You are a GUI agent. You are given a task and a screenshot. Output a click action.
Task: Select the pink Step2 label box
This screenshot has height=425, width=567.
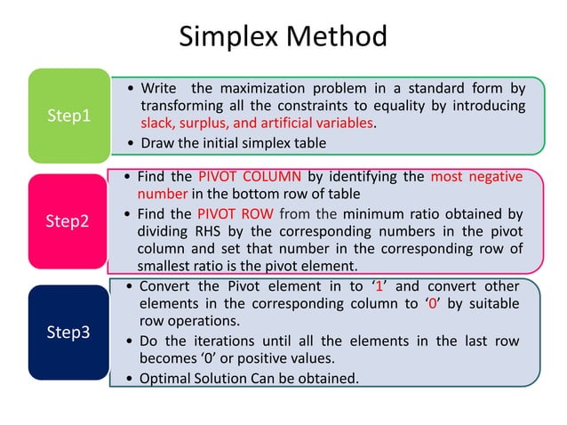(68, 221)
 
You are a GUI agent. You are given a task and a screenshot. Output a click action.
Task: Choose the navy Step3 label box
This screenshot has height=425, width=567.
(68, 332)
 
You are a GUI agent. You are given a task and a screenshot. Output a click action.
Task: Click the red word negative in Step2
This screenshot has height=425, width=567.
(495, 176)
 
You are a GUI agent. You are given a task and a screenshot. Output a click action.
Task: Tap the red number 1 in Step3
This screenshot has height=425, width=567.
(379, 287)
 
